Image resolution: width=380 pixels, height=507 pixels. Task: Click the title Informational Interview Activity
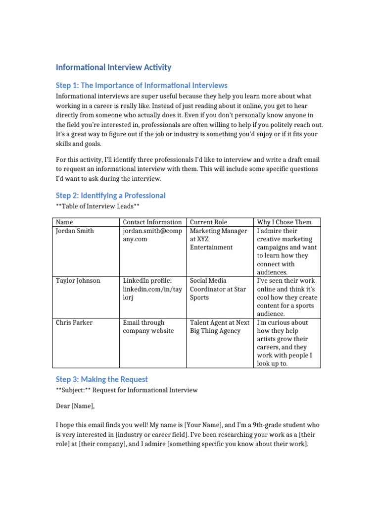coord(113,67)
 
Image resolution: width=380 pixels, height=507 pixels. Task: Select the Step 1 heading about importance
coord(142,86)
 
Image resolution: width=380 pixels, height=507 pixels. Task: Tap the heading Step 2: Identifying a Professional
coord(110,196)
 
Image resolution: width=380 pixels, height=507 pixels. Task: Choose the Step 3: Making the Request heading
coord(101,379)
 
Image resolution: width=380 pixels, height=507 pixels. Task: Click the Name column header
coord(64,222)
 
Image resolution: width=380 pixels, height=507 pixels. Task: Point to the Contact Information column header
coord(152,222)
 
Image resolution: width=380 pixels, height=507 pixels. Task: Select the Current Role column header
coord(208,222)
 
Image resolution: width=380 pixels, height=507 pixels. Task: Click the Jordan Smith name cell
coord(75,231)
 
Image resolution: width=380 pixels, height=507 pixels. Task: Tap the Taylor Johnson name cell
coord(78,281)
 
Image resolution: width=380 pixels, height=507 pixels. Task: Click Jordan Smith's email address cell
coord(152,235)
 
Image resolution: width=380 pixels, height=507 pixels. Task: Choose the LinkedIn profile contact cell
coord(152,289)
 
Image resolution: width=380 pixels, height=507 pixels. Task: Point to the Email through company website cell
coord(148,326)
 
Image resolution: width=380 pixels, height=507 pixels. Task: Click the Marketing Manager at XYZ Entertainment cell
coord(218,239)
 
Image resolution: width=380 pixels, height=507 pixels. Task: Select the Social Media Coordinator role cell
coord(218,289)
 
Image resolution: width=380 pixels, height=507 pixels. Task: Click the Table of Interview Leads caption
coord(95,206)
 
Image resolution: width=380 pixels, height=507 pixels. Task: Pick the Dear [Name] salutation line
coord(75,406)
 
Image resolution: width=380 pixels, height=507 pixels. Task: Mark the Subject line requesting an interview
coord(127,390)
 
